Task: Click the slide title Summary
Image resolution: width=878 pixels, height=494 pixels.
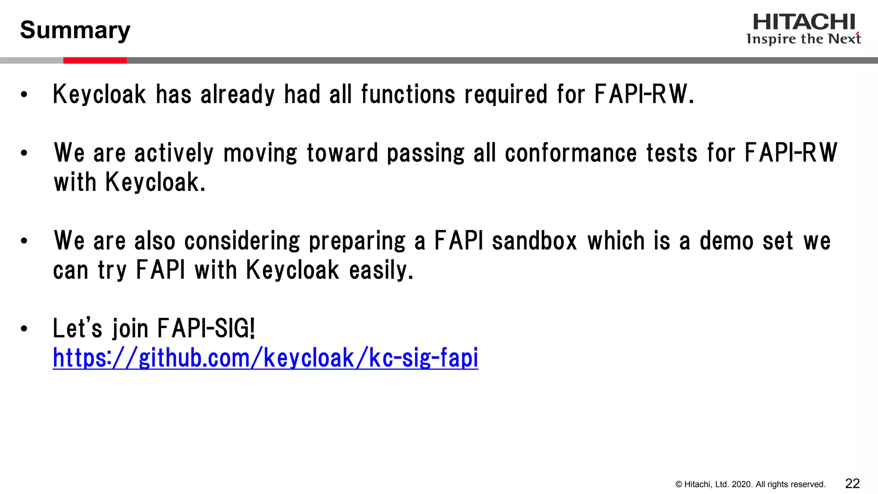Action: (75, 30)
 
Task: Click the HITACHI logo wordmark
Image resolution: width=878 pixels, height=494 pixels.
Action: (804, 22)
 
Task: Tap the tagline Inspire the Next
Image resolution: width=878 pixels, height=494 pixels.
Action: (803, 39)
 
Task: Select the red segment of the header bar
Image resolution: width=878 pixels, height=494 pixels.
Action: (95, 60)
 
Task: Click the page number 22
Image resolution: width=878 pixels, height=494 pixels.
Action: (852, 484)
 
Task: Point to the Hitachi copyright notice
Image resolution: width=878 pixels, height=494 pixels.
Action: (750, 485)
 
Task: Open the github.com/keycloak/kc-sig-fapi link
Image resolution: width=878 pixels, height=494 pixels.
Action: (265, 358)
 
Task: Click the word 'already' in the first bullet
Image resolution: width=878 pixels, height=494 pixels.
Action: (238, 94)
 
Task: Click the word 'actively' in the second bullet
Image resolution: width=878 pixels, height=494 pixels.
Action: (174, 153)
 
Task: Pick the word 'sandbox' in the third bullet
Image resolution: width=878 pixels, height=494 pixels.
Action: (534, 241)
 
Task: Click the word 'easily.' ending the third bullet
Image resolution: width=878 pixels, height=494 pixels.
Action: (381, 270)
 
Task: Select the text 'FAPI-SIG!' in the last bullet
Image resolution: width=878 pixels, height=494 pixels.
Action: (206, 328)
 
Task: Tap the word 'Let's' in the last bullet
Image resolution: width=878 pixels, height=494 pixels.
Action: (78, 328)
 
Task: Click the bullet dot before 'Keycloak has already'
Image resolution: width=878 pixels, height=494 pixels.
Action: (24, 95)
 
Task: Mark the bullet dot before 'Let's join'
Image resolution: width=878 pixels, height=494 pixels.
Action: (24, 329)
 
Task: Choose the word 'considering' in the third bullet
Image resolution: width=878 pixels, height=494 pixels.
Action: (242, 241)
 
